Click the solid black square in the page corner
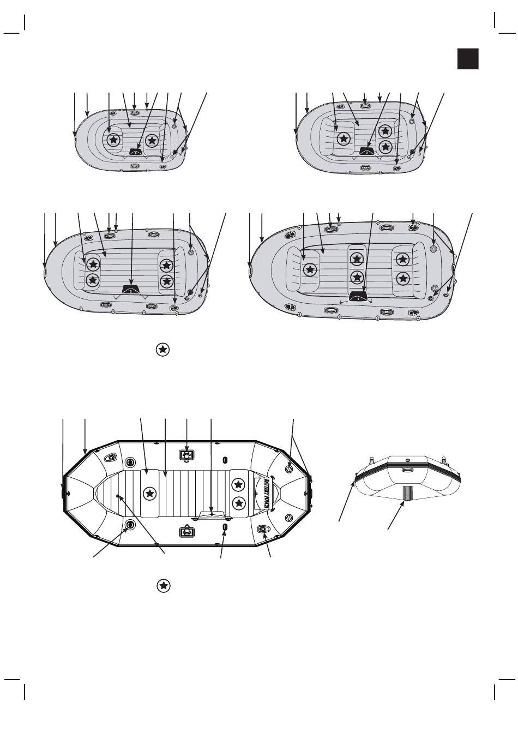point(468,59)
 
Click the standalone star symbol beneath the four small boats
point(162,350)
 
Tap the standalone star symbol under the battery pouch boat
point(162,586)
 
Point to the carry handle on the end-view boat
point(408,470)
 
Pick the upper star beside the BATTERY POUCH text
point(238,484)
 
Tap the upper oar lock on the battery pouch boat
point(186,454)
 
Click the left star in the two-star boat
point(113,140)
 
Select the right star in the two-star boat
point(152,140)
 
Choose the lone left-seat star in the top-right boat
point(344,139)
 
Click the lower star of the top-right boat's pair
point(386,147)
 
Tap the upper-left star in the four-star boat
point(93,265)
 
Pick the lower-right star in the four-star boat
point(166,281)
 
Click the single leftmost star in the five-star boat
point(310,269)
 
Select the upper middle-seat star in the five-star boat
point(357,259)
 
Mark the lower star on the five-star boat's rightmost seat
point(403,277)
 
